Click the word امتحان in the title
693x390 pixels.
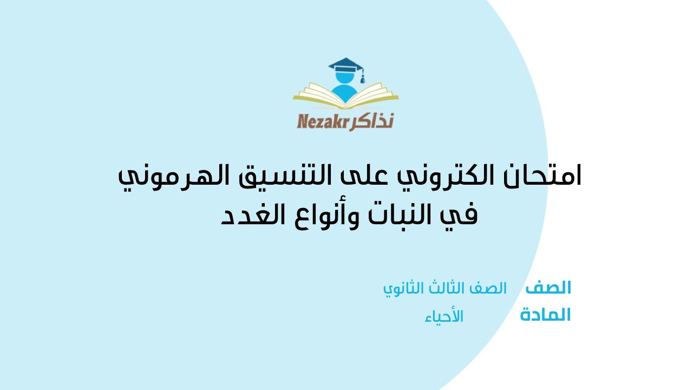coord(542,176)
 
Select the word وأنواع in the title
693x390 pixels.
coord(324,217)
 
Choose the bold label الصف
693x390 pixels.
coord(548,287)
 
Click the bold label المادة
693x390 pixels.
coord(545,315)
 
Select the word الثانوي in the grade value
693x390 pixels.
coord(402,289)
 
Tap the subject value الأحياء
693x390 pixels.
coord(444,316)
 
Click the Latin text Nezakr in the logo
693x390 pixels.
coord(323,121)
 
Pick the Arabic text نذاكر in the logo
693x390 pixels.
coord(371,121)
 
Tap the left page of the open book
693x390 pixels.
coord(319,94)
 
